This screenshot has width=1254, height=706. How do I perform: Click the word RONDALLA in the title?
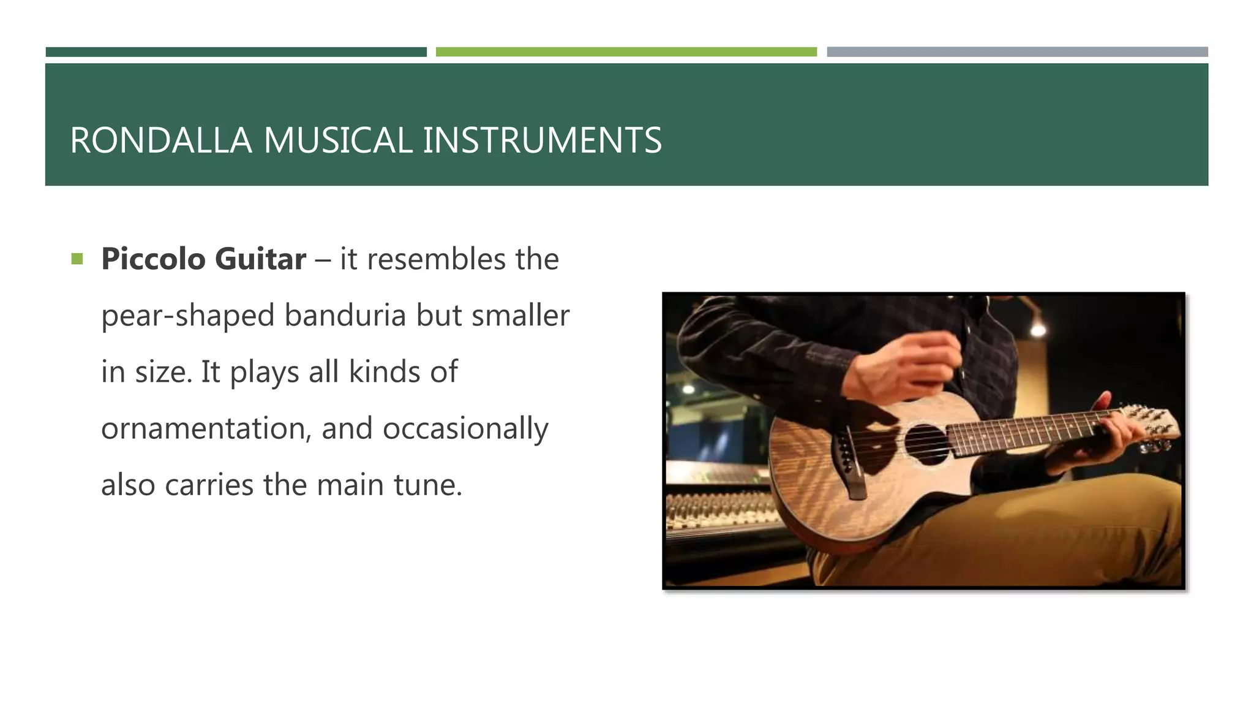(x=160, y=140)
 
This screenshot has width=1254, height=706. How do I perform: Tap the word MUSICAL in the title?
(x=338, y=140)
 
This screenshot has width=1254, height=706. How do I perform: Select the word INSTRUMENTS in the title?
(x=542, y=140)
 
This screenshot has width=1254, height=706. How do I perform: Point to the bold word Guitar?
(x=260, y=259)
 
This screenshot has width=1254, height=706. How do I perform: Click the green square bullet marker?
(x=77, y=259)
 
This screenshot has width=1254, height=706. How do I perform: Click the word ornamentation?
(x=206, y=428)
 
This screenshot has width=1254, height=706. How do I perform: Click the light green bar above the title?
(x=626, y=52)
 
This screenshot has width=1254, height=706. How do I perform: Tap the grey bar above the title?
(x=1017, y=52)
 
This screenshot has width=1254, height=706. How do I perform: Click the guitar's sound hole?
(x=926, y=443)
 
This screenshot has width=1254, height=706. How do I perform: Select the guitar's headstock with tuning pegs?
(x=1151, y=425)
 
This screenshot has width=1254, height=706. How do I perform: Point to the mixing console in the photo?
(x=716, y=509)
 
